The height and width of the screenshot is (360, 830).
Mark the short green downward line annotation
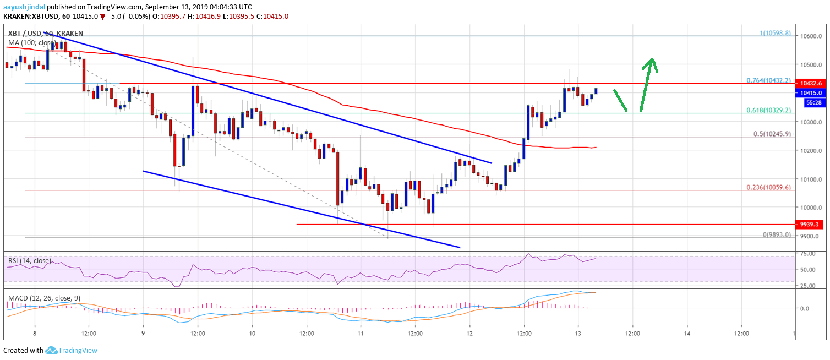point(620,101)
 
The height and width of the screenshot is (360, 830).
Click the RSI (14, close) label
point(29,260)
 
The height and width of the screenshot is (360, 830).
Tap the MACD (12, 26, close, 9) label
point(44,298)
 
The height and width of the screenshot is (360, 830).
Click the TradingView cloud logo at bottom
point(52,351)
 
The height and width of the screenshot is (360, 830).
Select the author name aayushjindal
point(24,7)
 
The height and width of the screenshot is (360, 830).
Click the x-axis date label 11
point(361,333)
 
